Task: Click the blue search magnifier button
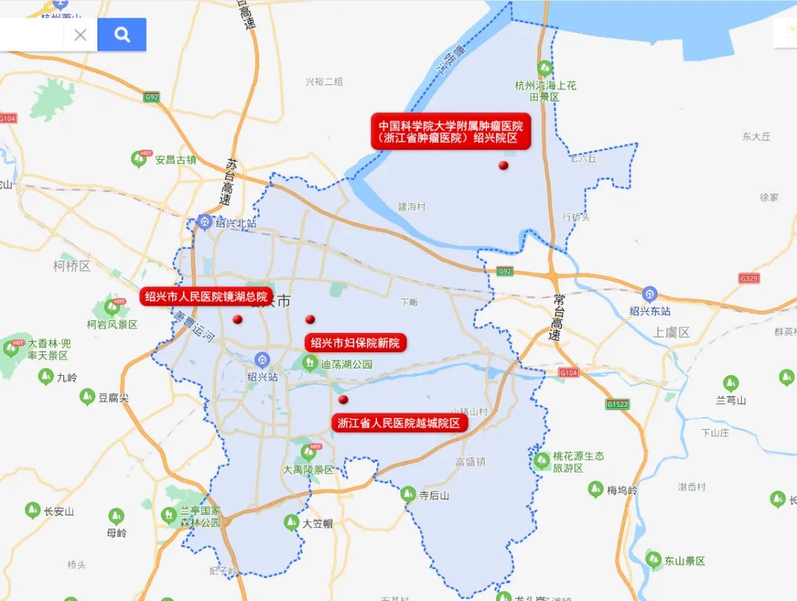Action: click(x=122, y=35)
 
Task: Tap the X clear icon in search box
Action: click(x=80, y=35)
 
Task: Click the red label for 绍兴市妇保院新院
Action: click(x=355, y=343)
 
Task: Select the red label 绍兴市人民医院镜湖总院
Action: click(x=206, y=297)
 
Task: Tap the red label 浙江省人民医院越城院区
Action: click(x=398, y=423)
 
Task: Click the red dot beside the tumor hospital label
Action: click(x=503, y=165)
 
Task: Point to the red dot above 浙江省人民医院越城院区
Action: click(x=343, y=399)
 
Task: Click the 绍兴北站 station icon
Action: click(x=204, y=221)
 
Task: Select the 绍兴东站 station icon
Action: click(x=649, y=294)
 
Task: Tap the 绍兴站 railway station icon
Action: click(x=262, y=360)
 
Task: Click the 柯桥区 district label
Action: click(x=72, y=266)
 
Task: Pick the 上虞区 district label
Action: click(x=671, y=332)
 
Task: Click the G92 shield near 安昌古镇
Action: click(x=152, y=97)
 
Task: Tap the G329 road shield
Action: click(x=749, y=278)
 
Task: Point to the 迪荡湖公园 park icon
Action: click(x=310, y=363)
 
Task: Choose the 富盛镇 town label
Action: click(x=470, y=461)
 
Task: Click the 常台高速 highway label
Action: click(x=557, y=317)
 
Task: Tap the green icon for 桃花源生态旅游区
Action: click(x=542, y=461)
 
